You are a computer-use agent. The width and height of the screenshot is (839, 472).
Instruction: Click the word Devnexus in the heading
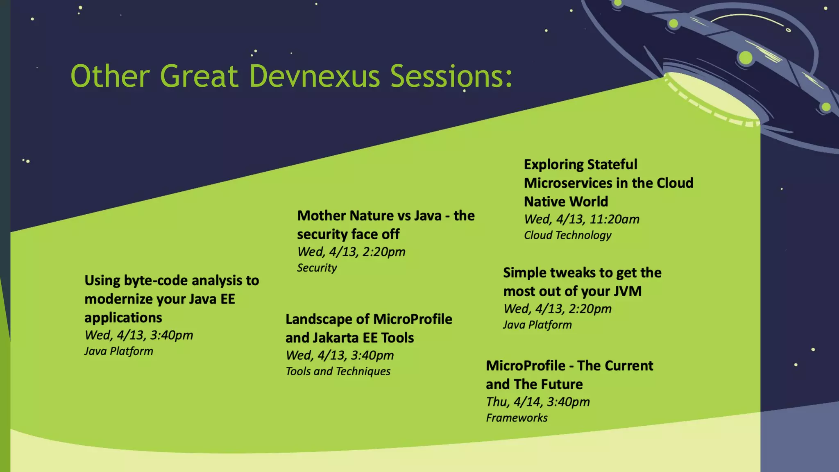click(x=314, y=77)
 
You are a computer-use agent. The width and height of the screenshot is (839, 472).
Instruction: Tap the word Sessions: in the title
click(x=451, y=77)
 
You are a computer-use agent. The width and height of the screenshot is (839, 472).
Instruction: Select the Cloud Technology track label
click(x=567, y=235)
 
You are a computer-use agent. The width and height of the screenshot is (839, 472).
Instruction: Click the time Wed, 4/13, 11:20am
click(x=581, y=219)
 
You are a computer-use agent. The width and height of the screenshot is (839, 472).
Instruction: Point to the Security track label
click(x=317, y=268)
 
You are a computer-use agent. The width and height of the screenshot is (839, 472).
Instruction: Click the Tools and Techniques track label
click(x=338, y=371)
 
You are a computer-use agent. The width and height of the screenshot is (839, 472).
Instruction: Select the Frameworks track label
click(x=517, y=418)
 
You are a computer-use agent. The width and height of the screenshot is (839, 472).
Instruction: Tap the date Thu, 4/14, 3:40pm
click(x=537, y=402)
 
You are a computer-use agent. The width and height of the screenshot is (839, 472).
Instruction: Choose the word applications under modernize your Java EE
click(x=123, y=318)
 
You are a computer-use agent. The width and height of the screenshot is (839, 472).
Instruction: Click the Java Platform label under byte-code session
click(x=118, y=351)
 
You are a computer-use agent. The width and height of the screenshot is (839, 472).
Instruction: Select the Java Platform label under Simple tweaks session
click(x=537, y=325)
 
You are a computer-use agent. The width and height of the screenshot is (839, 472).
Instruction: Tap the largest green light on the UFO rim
click(x=745, y=58)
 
